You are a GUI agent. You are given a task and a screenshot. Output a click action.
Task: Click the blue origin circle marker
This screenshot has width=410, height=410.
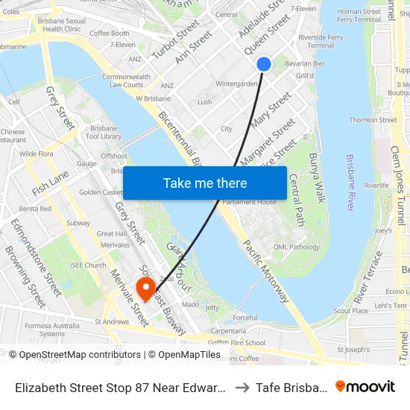(x=264, y=64)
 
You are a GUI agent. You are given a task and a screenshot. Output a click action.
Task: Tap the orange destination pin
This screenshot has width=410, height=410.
(x=145, y=288)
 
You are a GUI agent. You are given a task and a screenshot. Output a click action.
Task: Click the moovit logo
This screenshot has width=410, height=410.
(x=365, y=386)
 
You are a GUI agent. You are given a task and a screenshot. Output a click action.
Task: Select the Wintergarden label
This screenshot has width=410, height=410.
(x=236, y=83)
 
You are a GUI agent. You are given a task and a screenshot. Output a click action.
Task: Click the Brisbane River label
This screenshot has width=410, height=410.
(x=350, y=183)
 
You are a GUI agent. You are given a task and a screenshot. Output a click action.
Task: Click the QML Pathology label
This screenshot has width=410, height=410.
(x=296, y=247)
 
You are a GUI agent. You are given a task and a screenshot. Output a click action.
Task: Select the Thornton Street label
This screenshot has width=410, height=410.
(x=373, y=120)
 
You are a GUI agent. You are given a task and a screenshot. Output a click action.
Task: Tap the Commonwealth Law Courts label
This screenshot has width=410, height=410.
(x=126, y=81)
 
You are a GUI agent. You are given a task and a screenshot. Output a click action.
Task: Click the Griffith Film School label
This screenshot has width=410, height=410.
(x=238, y=343)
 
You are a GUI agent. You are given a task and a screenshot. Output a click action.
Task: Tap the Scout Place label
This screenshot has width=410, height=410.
(x=351, y=311)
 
